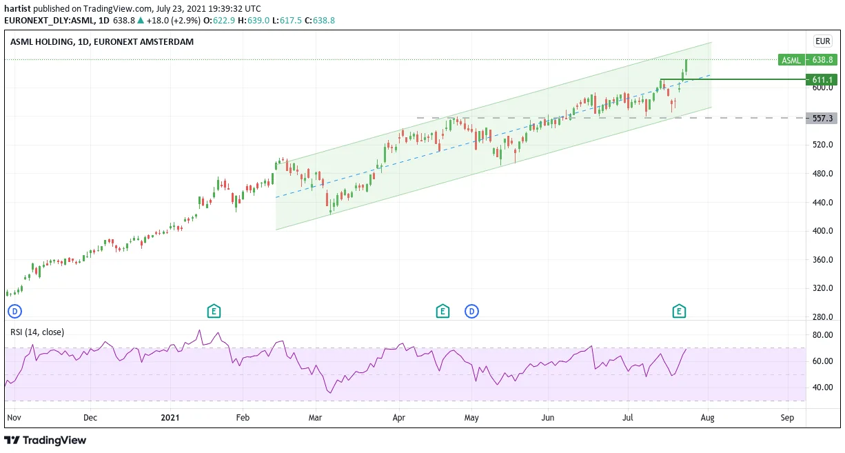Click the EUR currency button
[x=823, y=41]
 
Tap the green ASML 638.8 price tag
[x=807, y=60]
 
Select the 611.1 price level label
[x=822, y=80]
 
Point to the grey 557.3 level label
[x=822, y=118]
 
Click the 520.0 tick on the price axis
[x=822, y=145]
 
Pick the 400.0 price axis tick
[x=822, y=231]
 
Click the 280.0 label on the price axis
[x=822, y=316]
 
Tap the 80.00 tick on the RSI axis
[x=822, y=335]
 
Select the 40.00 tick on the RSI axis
[x=822, y=387]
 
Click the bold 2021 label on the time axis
[x=170, y=418]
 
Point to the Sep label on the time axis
[x=787, y=418]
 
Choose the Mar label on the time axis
[x=315, y=418]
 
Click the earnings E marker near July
[x=679, y=311]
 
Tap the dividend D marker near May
[x=471, y=312]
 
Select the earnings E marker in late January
[x=214, y=311]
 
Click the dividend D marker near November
[x=14, y=312]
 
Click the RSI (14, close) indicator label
[x=37, y=332]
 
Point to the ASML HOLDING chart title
[x=102, y=41]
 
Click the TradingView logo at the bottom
[x=45, y=440]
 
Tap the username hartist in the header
[x=17, y=8]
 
